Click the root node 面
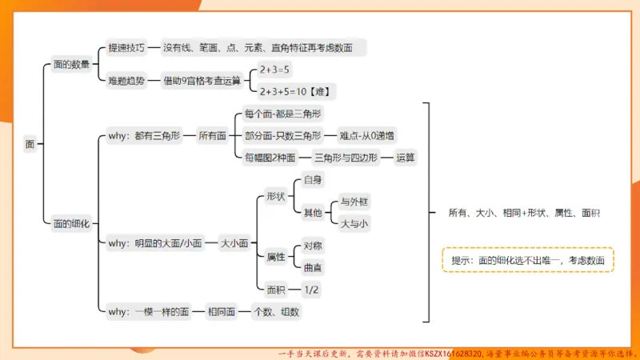coord(30,145)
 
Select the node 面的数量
coord(71,64)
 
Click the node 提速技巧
coord(126,48)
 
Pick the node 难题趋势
coord(126,80)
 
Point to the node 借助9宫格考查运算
coord(202,80)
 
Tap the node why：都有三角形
coord(143,136)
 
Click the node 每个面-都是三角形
coord(283,114)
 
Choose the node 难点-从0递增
coord(366,136)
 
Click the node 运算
coord(406,158)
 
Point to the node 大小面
coord(234,242)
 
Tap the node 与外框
coord(354,201)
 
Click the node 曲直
coord(313,268)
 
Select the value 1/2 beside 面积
coord(311,289)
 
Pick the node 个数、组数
coord(276,312)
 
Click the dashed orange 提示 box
coord(527,260)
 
